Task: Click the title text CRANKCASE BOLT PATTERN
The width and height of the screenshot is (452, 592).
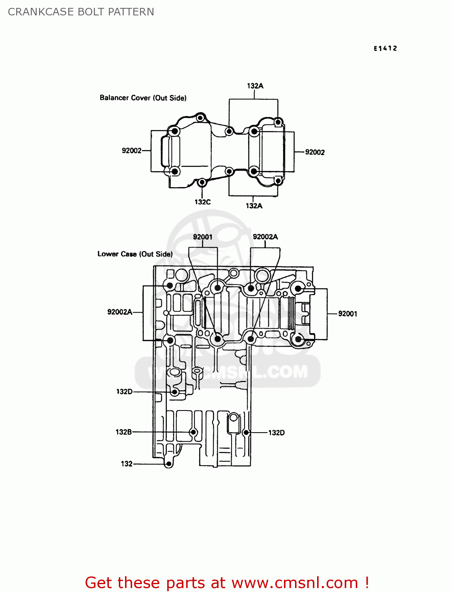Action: tap(81, 12)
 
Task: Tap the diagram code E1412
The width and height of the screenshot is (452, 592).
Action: tap(385, 49)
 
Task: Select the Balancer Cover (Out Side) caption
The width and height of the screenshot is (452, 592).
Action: tap(143, 98)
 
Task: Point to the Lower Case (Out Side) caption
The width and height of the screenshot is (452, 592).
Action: tap(135, 254)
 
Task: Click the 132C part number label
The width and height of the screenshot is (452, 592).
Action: tap(202, 202)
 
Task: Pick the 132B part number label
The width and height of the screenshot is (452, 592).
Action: tap(123, 432)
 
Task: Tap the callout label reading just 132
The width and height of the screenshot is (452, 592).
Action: tap(127, 464)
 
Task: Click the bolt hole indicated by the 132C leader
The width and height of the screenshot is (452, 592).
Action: tap(202, 182)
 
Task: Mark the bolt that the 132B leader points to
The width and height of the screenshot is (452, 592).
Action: tap(193, 432)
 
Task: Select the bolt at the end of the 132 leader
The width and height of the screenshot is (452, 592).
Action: tap(169, 464)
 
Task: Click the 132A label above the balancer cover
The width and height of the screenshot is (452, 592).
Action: tap(255, 86)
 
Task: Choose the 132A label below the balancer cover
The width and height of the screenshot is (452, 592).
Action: tap(254, 206)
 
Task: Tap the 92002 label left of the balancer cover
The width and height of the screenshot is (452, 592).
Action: tap(131, 151)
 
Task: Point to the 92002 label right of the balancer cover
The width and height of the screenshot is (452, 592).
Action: tap(315, 152)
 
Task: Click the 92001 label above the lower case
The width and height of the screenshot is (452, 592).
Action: tap(203, 237)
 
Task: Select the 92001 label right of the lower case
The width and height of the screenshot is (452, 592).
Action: tap(347, 314)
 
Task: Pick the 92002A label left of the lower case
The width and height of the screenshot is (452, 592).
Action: tap(120, 312)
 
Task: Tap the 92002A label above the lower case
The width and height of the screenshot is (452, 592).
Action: tap(265, 237)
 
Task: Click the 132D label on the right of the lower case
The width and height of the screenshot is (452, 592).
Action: tap(276, 433)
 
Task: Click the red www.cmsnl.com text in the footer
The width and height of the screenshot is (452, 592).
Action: tap(295, 583)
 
